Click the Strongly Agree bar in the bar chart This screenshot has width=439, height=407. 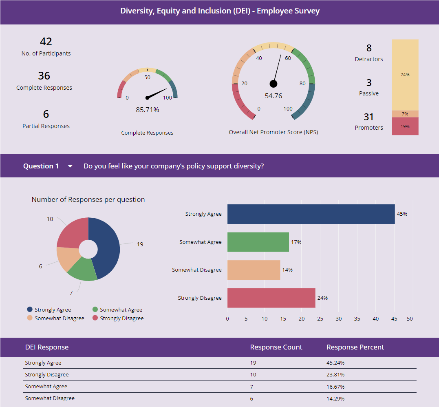coord(311,214)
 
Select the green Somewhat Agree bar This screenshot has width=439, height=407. coord(258,242)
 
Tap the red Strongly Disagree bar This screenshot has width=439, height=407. coord(271,298)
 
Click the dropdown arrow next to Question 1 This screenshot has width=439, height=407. coord(70,166)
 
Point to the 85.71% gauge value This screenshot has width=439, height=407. coord(147,110)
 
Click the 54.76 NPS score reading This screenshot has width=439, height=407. coord(273,96)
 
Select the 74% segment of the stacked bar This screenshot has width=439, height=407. coord(405,75)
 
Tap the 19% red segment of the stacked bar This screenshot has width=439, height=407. coord(405,126)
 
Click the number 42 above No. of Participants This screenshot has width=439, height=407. coord(46,42)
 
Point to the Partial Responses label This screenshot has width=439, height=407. coord(46,126)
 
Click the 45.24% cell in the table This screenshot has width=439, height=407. coord(335,363)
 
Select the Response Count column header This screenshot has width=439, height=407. coord(276,347)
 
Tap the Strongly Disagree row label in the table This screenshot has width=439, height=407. coord(47,374)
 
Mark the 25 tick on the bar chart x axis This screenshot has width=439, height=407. coord(320,319)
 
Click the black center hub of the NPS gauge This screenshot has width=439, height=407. coord(273,84)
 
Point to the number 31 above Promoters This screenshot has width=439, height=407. coord(368,117)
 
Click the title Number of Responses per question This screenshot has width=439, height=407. coord(88,199)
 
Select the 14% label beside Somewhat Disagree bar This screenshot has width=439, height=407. coord(287,270)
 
